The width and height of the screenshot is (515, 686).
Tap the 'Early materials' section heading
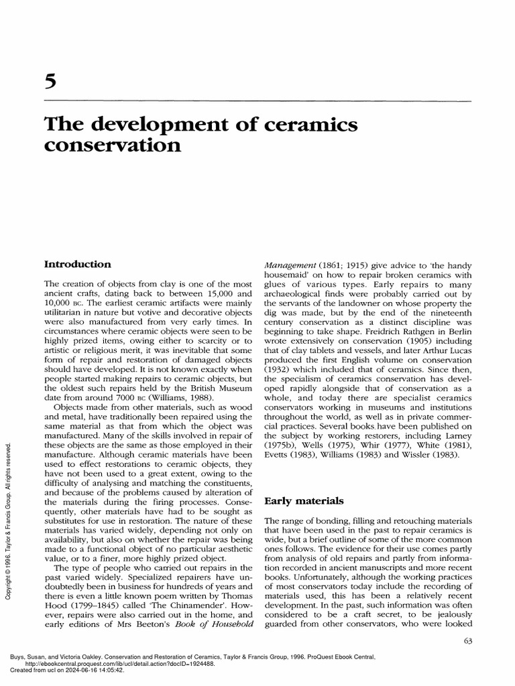[x=298, y=500]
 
